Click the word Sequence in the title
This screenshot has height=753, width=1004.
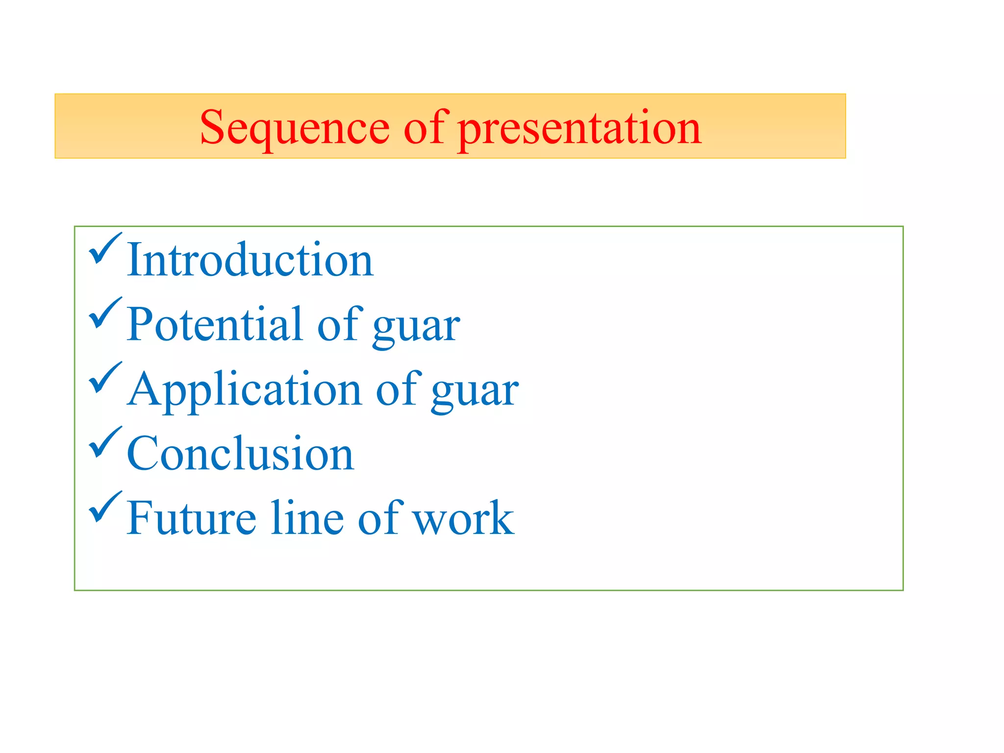pyautogui.click(x=294, y=128)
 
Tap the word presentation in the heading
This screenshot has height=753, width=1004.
pyautogui.click(x=579, y=128)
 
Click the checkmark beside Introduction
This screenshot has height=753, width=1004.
pyautogui.click(x=104, y=248)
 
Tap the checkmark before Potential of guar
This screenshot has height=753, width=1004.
pyautogui.click(x=104, y=313)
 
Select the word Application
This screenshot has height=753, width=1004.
pyautogui.click(x=244, y=390)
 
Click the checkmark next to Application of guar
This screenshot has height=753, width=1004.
pyautogui.click(x=104, y=377)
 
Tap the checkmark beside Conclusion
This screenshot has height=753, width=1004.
pyautogui.click(x=104, y=442)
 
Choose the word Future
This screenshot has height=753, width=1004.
pyautogui.click(x=191, y=518)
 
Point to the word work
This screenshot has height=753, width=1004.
pyautogui.click(x=463, y=519)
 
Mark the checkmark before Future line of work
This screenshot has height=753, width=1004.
pyautogui.click(x=104, y=507)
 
